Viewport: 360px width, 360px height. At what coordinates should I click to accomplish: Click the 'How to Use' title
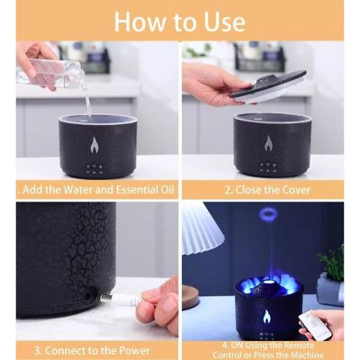click(x=180, y=20)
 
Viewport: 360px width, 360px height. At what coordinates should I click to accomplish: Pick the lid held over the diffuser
click(x=269, y=84)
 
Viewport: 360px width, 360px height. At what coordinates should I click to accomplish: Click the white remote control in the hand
click(x=316, y=324)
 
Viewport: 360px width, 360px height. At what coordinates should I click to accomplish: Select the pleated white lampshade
click(x=200, y=229)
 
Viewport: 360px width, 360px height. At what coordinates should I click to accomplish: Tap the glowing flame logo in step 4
click(x=265, y=317)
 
